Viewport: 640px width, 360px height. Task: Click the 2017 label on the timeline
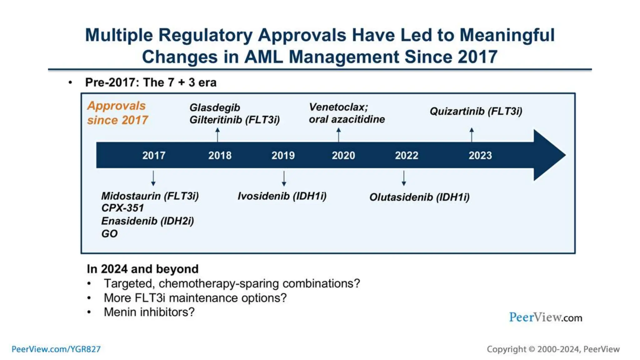(154, 155)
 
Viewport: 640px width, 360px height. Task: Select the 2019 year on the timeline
(283, 155)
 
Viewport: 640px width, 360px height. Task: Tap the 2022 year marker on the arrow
(406, 155)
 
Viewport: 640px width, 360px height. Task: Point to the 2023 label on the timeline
(480, 155)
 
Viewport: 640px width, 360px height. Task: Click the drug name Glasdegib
(215, 108)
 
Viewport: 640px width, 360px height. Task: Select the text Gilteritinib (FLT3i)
(234, 120)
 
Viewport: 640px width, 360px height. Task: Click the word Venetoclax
(337, 107)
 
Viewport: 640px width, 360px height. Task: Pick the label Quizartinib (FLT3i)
(476, 111)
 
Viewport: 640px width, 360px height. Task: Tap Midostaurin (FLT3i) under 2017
(150, 196)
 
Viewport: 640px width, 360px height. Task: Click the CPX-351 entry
(122, 208)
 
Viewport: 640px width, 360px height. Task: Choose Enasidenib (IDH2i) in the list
(147, 221)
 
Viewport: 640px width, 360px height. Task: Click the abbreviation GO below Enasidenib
(109, 234)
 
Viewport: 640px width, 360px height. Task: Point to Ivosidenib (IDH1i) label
(282, 196)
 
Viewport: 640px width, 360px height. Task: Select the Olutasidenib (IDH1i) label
(419, 197)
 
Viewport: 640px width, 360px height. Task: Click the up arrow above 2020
(338, 134)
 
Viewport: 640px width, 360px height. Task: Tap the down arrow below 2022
(404, 178)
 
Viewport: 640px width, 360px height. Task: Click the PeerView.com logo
(545, 317)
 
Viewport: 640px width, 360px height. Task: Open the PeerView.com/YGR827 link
(56, 349)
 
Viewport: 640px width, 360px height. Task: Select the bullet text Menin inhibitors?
(149, 312)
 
